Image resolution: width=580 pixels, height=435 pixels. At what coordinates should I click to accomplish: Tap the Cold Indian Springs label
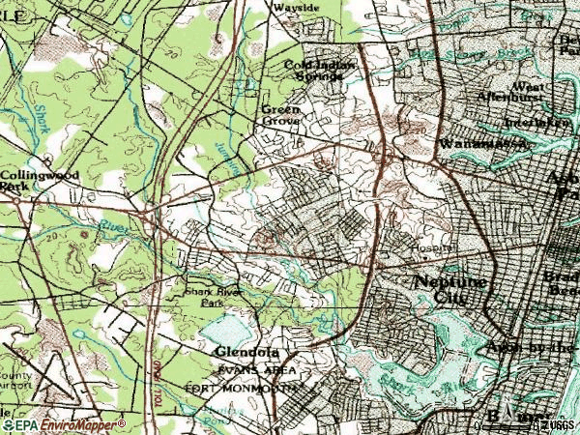tap(320, 70)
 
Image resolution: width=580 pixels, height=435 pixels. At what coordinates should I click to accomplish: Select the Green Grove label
tap(281, 115)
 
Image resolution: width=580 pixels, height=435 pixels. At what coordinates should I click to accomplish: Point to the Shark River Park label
tap(213, 296)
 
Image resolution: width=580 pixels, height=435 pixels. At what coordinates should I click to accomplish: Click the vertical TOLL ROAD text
tap(155, 372)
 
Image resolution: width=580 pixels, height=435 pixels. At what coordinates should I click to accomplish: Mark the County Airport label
tap(15, 378)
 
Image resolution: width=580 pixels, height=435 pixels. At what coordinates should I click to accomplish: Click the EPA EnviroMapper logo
tap(64, 424)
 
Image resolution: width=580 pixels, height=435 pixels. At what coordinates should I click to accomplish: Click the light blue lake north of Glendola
tap(224, 331)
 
